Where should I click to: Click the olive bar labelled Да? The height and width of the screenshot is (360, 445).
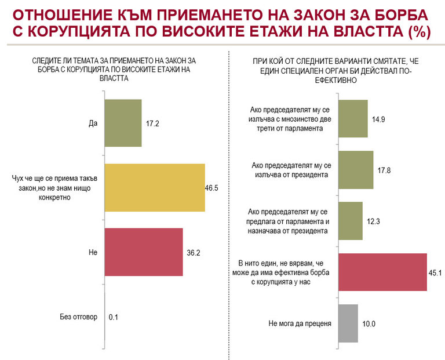click(123, 122)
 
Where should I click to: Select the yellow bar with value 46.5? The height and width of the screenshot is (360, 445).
click(155, 187)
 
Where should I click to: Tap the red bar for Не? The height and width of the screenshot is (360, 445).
click(144, 252)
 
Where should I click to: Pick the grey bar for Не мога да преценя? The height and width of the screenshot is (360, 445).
click(348, 323)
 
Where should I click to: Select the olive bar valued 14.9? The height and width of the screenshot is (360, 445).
click(352, 118)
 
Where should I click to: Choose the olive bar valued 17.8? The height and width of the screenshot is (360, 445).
click(355, 170)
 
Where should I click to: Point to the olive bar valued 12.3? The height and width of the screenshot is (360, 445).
click(350, 220)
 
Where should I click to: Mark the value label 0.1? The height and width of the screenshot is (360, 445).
click(114, 317)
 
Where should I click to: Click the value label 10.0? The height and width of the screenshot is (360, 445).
click(369, 323)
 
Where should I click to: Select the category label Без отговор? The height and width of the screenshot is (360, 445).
click(78, 317)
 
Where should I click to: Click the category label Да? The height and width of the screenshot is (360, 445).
click(92, 123)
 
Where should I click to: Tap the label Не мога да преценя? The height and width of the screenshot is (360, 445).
click(300, 323)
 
